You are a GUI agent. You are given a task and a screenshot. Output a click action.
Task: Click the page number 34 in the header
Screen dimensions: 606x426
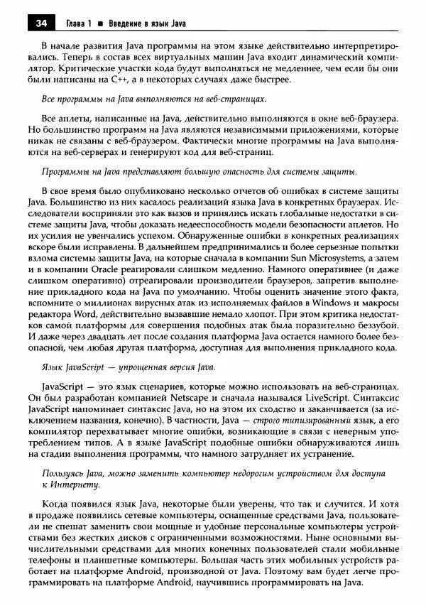[x=40, y=23]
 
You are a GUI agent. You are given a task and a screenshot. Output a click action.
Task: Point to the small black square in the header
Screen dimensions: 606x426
[x=100, y=23]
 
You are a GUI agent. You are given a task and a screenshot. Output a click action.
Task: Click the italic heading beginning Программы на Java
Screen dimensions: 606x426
[x=198, y=173]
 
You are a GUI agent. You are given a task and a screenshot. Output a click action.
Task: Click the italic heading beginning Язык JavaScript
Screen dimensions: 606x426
[x=127, y=369]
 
